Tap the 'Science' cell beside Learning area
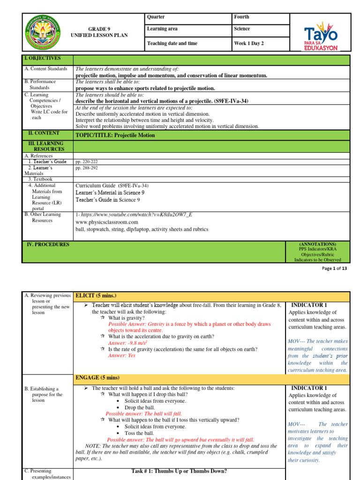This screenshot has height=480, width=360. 243,29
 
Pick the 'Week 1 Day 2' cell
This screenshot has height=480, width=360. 249,44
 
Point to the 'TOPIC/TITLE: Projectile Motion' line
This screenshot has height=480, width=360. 115,135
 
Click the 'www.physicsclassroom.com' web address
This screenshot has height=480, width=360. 106,222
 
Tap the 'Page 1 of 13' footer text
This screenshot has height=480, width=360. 333,269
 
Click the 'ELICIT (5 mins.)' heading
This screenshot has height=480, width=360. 95,296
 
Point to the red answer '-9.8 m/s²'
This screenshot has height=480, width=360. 126,343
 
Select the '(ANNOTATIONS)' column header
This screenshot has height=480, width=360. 317,244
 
